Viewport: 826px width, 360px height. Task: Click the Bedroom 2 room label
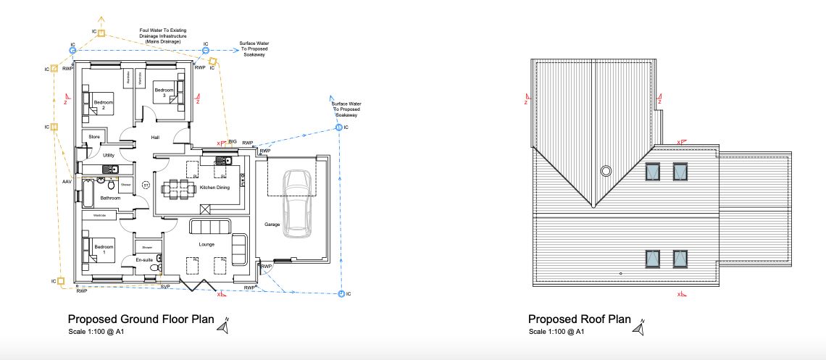103,105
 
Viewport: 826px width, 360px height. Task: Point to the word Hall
154,138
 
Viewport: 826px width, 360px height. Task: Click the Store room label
93,136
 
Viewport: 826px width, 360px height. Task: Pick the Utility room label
109,155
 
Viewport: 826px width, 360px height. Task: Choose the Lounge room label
206,244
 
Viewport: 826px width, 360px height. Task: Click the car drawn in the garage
297,203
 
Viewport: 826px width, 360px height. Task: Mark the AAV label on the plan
67,181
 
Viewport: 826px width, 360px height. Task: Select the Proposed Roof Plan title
579,319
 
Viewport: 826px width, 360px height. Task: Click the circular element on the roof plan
605,171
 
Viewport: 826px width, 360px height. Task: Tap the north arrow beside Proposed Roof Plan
638,328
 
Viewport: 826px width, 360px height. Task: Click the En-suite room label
143,259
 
